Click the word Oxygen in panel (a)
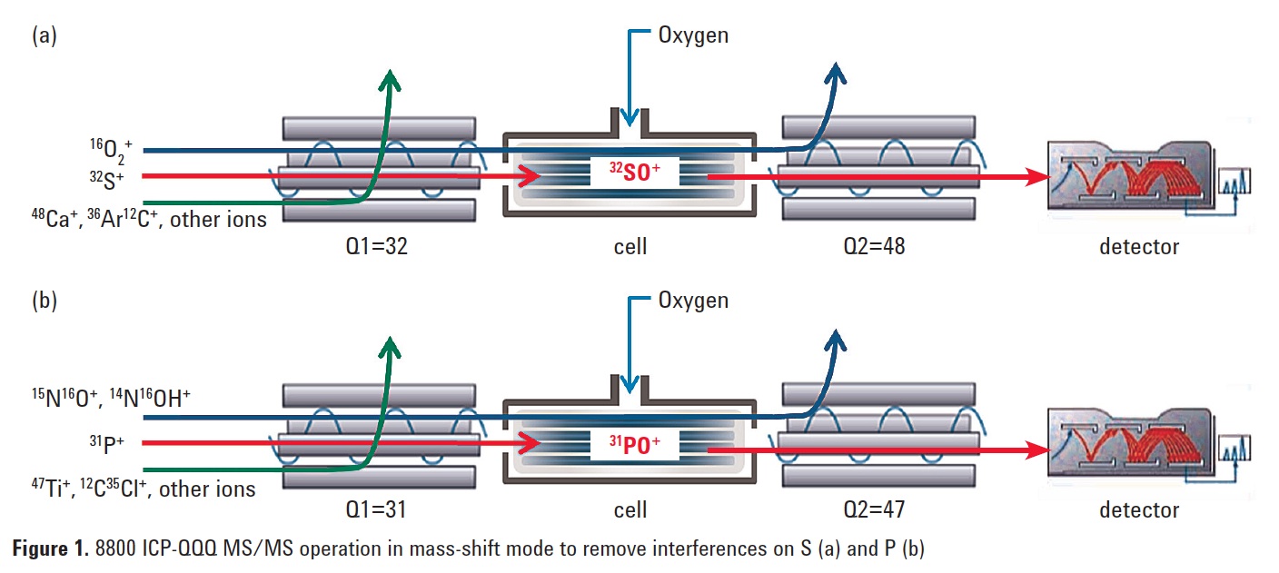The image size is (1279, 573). tap(693, 36)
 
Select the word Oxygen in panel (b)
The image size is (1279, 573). tap(693, 301)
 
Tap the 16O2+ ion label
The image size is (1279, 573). tap(108, 148)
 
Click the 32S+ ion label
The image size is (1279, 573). tap(108, 178)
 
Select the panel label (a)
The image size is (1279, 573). tap(44, 35)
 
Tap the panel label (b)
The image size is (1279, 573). tap(44, 301)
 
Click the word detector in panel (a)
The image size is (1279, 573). tap(1138, 246)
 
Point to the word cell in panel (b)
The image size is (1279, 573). tap(629, 510)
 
